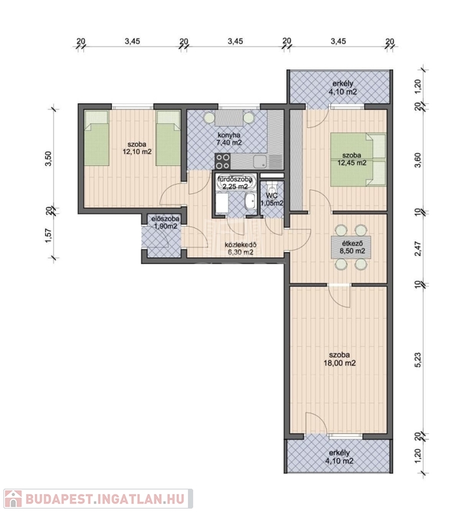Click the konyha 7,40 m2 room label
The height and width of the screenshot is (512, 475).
(229, 139)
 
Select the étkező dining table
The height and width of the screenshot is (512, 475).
(351, 247)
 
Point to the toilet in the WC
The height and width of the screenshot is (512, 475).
(271, 189)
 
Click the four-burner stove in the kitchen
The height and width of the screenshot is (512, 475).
(223, 161)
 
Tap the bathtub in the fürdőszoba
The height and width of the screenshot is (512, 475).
(235, 183)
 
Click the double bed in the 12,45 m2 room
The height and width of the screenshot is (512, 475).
(358, 159)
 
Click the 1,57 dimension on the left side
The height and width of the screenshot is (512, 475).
(48, 235)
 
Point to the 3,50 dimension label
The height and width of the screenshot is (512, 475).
(48, 159)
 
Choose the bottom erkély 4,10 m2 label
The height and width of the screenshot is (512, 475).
(339, 457)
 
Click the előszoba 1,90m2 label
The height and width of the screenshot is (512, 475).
(165, 223)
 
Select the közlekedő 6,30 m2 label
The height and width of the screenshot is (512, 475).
(240, 248)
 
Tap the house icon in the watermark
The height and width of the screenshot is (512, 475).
(13, 499)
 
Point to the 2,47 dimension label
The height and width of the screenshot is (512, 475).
(418, 249)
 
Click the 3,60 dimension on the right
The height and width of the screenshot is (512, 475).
(418, 160)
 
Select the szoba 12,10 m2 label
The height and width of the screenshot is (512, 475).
(137, 147)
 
